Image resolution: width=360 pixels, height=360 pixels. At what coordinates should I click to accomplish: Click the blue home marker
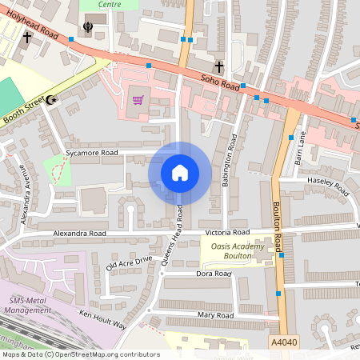point(180,173)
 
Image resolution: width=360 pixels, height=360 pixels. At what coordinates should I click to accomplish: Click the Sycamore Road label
point(91,152)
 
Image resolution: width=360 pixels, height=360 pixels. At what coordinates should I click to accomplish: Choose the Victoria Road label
point(227,232)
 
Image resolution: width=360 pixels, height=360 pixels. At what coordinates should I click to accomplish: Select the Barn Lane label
point(300,148)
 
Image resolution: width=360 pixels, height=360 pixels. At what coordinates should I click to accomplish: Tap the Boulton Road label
point(277,226)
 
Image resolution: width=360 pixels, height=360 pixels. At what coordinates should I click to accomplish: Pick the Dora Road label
point(214,273)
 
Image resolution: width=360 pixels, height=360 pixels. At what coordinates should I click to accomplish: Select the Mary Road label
point(214,315)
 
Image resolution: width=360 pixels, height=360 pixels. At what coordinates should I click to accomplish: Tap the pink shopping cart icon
point(138,99)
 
